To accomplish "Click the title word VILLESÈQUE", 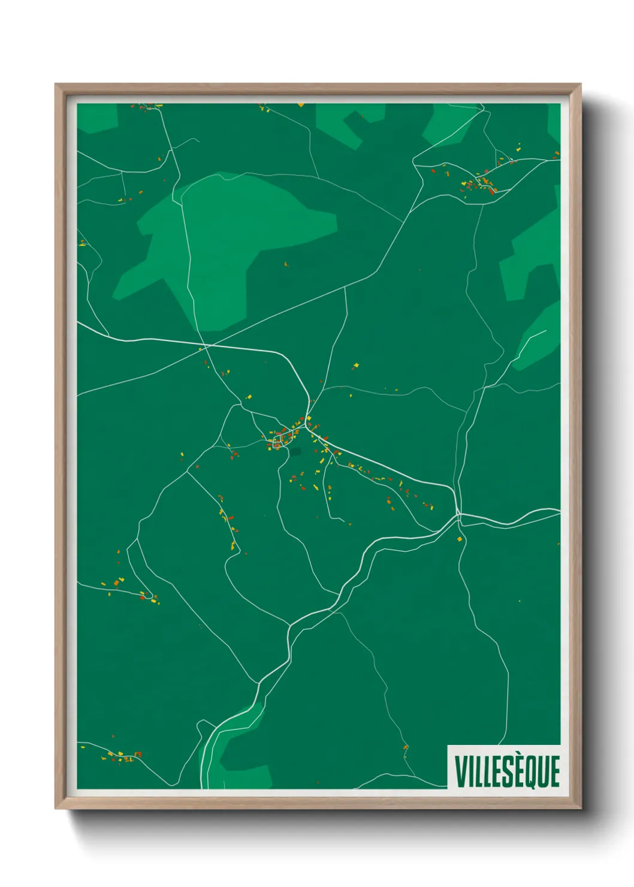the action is (507, 771).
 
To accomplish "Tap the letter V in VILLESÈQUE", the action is (460, 771).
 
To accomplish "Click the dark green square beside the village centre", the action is (296, 451).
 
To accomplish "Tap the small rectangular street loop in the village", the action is (277, 442).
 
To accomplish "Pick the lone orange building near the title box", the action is (406, 747).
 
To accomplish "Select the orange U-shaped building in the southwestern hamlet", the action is (138, 754).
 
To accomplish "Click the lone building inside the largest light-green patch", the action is (286, 263).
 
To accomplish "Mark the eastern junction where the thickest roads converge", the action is (458, 514).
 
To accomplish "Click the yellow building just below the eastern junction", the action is (460, 539).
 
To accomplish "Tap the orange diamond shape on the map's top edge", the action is (301, 105).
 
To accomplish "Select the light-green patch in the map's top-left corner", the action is (97, 117).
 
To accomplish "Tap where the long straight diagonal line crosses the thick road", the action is (207, 346).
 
